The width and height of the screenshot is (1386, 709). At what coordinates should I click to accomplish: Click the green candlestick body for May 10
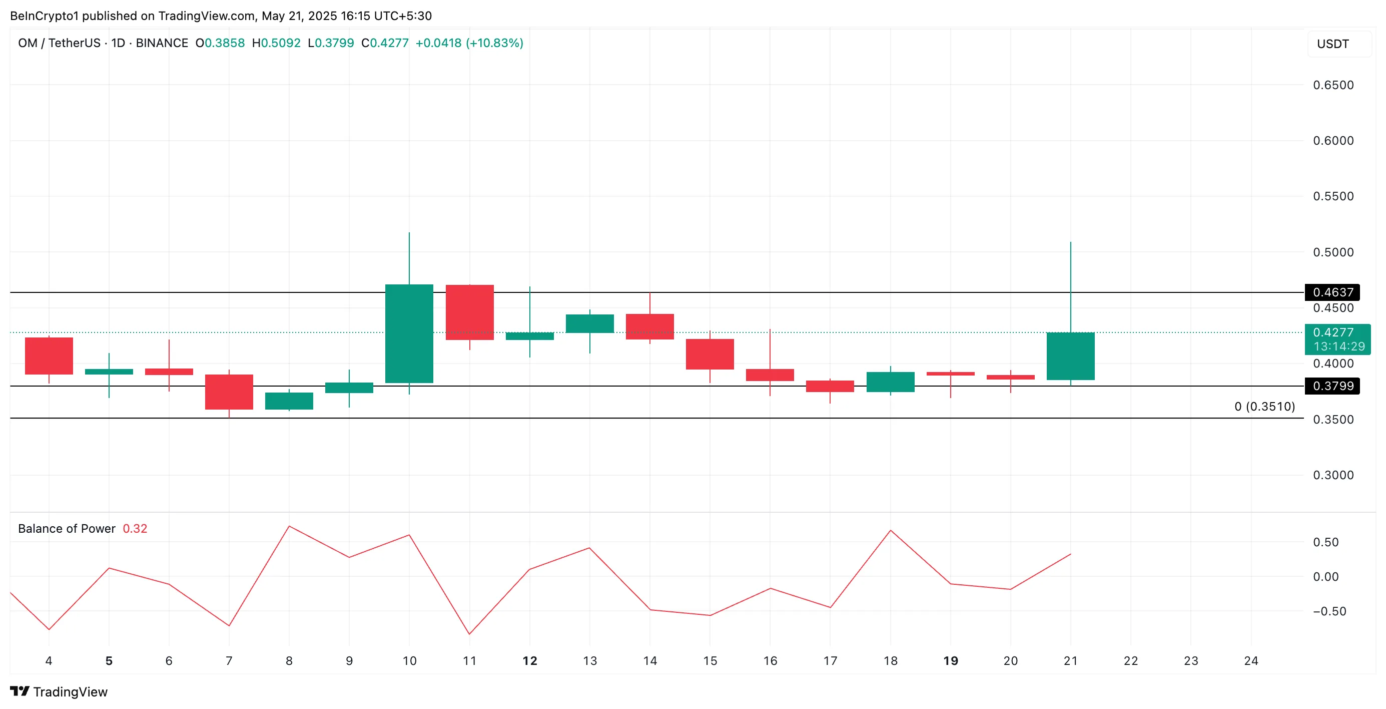point(409,333)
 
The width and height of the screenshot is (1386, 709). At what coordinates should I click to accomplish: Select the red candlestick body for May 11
point(470,312)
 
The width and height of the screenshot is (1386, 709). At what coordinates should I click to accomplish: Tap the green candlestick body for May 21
point(1070,357)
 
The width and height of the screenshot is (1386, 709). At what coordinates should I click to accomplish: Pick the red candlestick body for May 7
point(229,392)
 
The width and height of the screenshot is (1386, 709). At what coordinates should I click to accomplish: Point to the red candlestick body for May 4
point(49,356)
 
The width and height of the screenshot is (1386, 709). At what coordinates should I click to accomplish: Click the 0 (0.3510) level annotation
point(1264,407)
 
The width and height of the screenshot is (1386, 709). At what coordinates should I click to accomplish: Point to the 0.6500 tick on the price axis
point(1333,85)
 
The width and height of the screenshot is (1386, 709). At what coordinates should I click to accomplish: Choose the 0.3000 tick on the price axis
point(1333,475)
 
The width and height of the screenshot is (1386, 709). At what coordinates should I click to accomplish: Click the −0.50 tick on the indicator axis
point(1329,611)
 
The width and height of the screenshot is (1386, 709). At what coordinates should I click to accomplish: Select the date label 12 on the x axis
point(530,660)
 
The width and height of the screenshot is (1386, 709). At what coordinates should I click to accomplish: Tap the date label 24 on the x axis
point(1251,660)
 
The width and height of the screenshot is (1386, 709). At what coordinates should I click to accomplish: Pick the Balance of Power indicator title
point(67,529)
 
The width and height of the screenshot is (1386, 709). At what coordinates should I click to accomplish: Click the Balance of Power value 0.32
point(135,529)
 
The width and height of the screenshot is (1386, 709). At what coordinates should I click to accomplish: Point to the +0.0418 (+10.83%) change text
point(469,43)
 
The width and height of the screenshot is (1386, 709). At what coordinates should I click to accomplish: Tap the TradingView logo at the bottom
point(59,692)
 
